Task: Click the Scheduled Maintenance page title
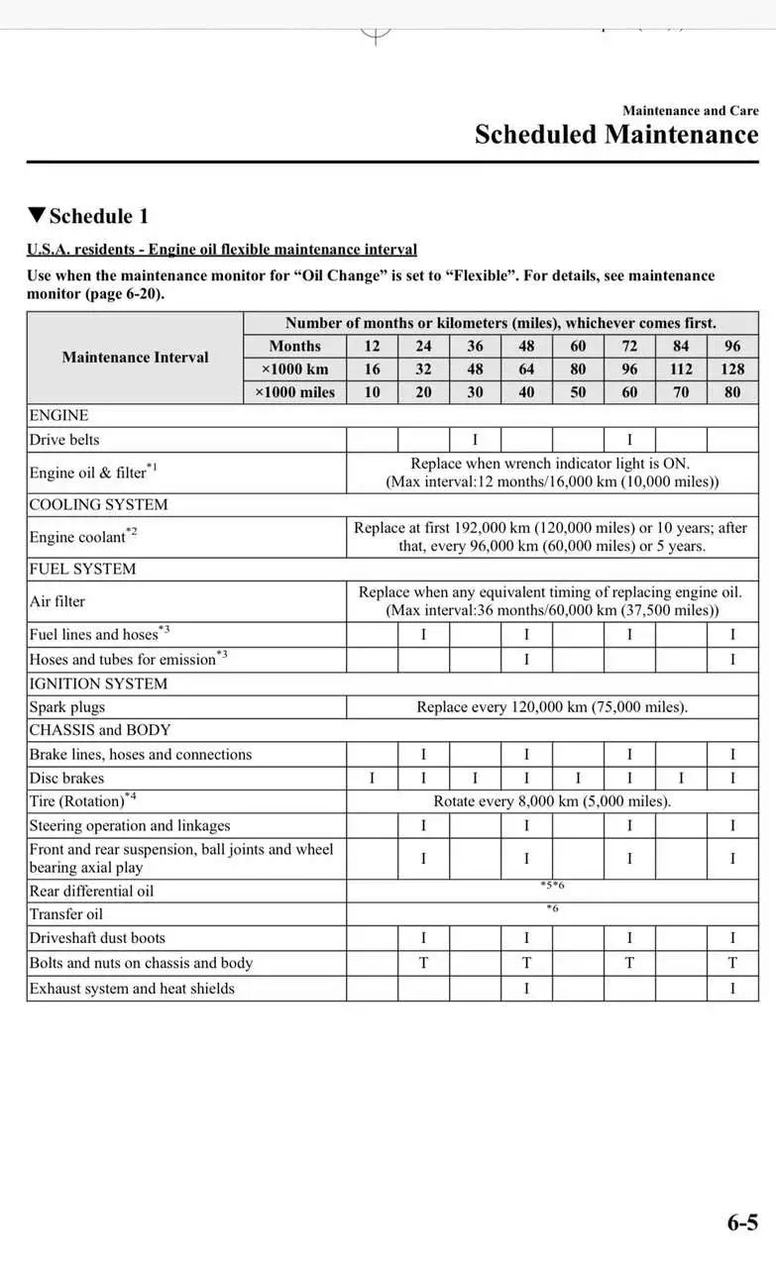pyautogui.click(x=615, y=135)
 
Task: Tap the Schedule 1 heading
pyautogui.click(x=89, y=216)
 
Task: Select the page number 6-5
pyautogui.click(x=742, y=1222)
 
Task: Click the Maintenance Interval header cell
pyautogui.click(x=135, y=358)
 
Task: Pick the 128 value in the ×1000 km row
pyautogui.click(x=732, y=369)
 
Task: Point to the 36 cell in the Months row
pyautogui.click(x=475, y=346)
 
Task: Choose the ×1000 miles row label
pyautogui.click(x=294, y=392)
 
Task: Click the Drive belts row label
pyautogui.click(x=64, y=439)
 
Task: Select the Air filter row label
pyautogui.click(x=57, y=601)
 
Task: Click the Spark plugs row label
pyautogui.click(x=66, y=707)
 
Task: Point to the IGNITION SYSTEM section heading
pyautogui.click(x=98, y=684)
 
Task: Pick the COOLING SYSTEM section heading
pyautogui.click(x=98, y=504)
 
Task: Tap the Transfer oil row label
pyautogui.click(x=65, y=914)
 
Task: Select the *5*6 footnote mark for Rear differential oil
pyautogui.click(x=552, y=885)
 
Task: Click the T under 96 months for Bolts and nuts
pyautogui.click(x=732, y=963)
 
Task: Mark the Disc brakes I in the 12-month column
pyautogui.click(x=372, y=779)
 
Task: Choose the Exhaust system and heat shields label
pyautogui.click(x=132, y=989)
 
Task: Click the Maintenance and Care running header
pyautogui.click(x=690, y=111)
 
